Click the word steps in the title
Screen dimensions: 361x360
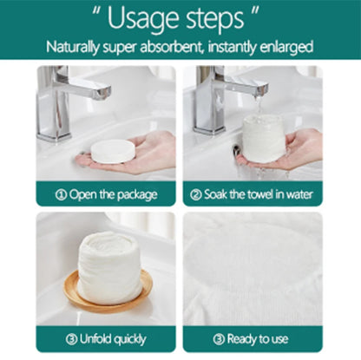coord(215,20)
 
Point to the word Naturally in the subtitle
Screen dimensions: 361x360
coord(72,47)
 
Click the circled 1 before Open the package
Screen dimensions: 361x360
coord(61,194)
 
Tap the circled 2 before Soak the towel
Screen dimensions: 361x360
coord(196,194)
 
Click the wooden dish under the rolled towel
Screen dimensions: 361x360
coord(108,292)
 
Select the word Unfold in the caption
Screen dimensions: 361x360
coord(95,338)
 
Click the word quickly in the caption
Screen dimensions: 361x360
coord(128,339)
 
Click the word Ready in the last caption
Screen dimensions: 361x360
coord(241,339)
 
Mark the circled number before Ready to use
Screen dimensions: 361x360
coord(219,339)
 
